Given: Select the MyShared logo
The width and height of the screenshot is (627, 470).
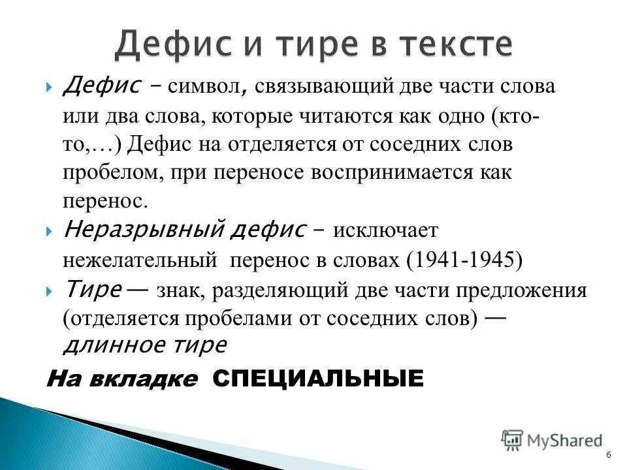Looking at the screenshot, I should coord(552,441).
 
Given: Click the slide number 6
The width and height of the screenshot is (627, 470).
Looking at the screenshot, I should coord(609,455).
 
